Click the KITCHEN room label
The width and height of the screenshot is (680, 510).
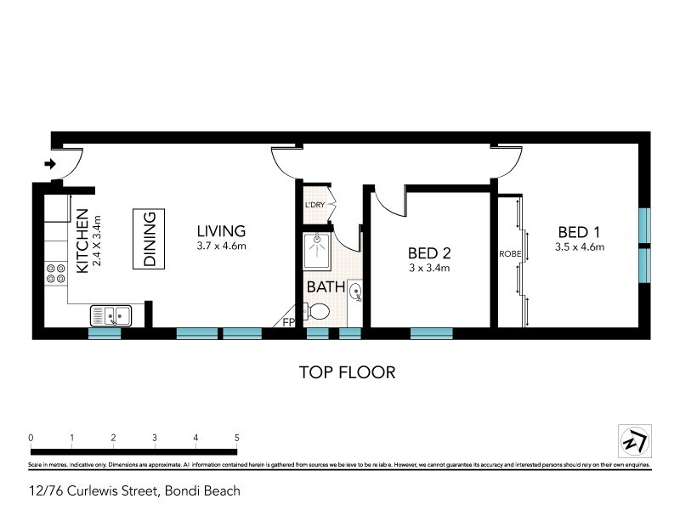82,241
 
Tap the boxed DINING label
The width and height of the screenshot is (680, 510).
149,241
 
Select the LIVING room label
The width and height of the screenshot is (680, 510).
221,231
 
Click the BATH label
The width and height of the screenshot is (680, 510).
326,287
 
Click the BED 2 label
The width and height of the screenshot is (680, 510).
428,253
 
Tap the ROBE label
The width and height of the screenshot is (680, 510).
509,253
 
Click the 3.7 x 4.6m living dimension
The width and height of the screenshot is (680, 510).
221,247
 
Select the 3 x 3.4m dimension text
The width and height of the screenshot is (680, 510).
428,269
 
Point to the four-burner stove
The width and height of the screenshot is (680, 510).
56,273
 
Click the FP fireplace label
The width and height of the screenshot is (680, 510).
289,323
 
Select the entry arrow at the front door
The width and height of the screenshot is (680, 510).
50,164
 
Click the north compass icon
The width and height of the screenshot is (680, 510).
633,440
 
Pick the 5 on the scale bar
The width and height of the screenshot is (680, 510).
236,438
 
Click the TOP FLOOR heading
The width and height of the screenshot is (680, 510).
347,371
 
